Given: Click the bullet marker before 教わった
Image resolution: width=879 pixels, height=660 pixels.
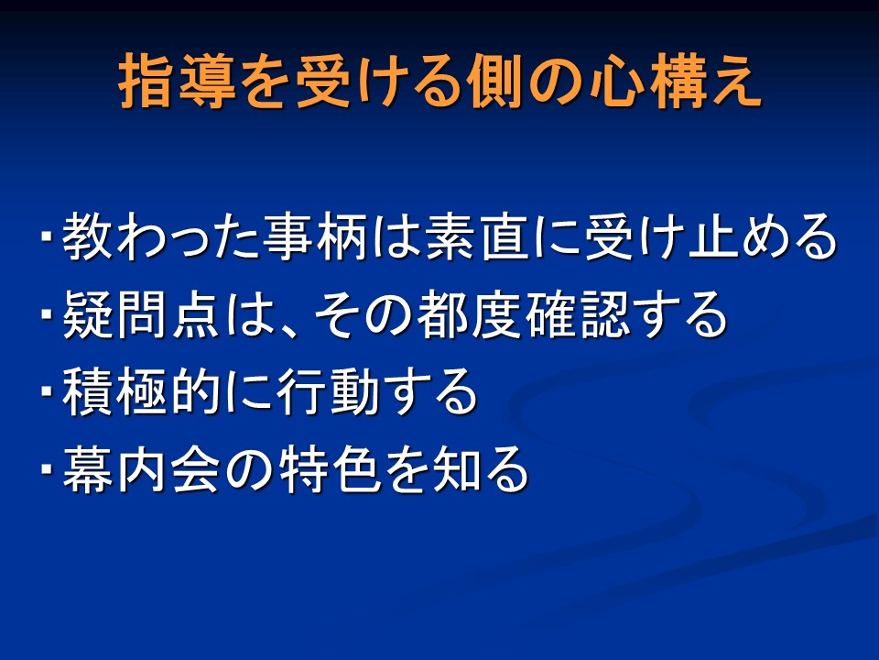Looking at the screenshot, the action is click(46, 235).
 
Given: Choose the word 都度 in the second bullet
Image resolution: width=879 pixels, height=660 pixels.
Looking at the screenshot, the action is click(469, 314).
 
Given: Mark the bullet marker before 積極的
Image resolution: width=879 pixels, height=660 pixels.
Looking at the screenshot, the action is click(46, 390).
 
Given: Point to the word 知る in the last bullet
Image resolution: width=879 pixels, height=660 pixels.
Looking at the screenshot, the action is click(480, 469).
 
